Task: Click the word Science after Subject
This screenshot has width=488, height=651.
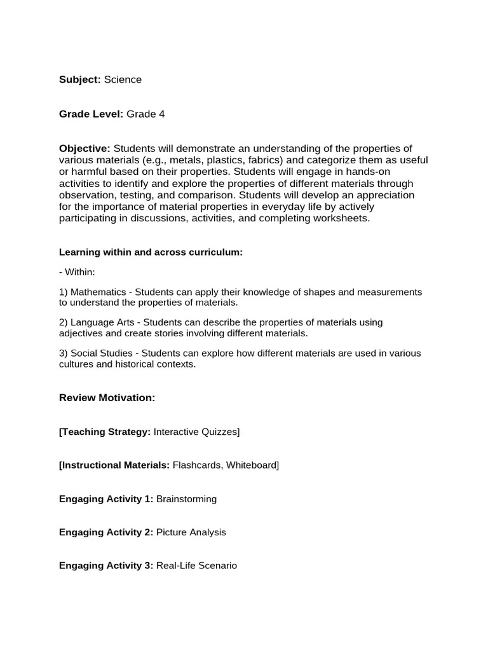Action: pos(123,79)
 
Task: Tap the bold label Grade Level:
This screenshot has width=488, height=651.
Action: pos(91,114)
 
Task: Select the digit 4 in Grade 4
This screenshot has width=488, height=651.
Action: pos(162,114)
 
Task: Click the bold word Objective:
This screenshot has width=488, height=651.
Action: pos(85,148)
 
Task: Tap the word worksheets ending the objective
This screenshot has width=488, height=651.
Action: pos(344,218)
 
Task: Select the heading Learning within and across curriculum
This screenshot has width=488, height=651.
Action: pos(151,252)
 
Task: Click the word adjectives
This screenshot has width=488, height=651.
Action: pos(81,332)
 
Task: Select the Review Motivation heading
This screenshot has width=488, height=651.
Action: pos(107,397)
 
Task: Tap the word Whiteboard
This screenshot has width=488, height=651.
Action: pos(252,465)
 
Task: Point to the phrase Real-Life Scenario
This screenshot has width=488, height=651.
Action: pos(196,565)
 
